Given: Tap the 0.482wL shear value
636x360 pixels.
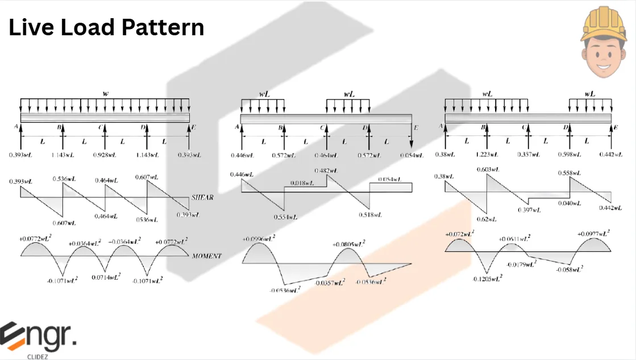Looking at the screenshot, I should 326,170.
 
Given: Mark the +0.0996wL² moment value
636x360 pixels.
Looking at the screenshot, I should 259,239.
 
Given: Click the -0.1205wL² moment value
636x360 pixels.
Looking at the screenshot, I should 488,279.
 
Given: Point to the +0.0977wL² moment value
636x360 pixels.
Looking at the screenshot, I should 593,234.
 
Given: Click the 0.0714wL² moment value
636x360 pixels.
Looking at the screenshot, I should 106,277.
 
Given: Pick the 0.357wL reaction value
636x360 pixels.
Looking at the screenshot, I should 529,155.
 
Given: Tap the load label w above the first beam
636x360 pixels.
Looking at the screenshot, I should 105,93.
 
